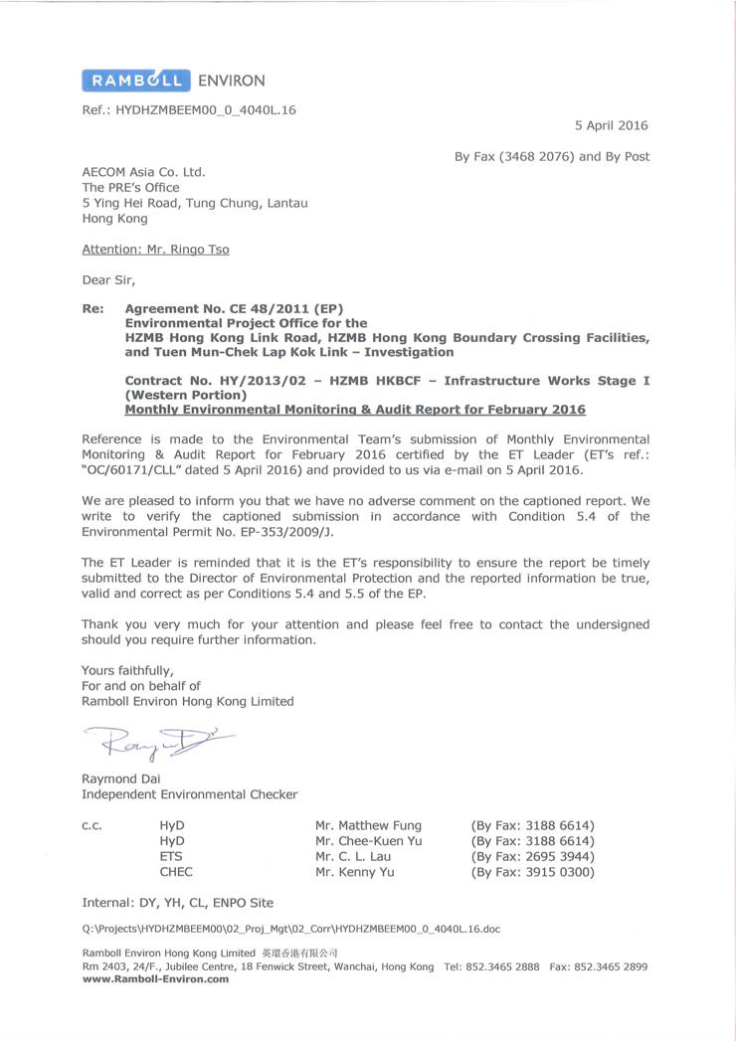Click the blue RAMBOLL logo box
coord(132,81)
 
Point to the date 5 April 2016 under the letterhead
coord(611,125)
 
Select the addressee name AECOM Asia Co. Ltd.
coord(143,171)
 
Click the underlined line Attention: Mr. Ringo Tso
coord(155,250)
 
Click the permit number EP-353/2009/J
coord(255,531)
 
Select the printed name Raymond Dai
coord(120,779)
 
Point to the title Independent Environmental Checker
coord(189,794)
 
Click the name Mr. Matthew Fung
coord(368,825)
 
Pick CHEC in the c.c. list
coord(176,872)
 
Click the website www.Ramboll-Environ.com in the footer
coord(155,978)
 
